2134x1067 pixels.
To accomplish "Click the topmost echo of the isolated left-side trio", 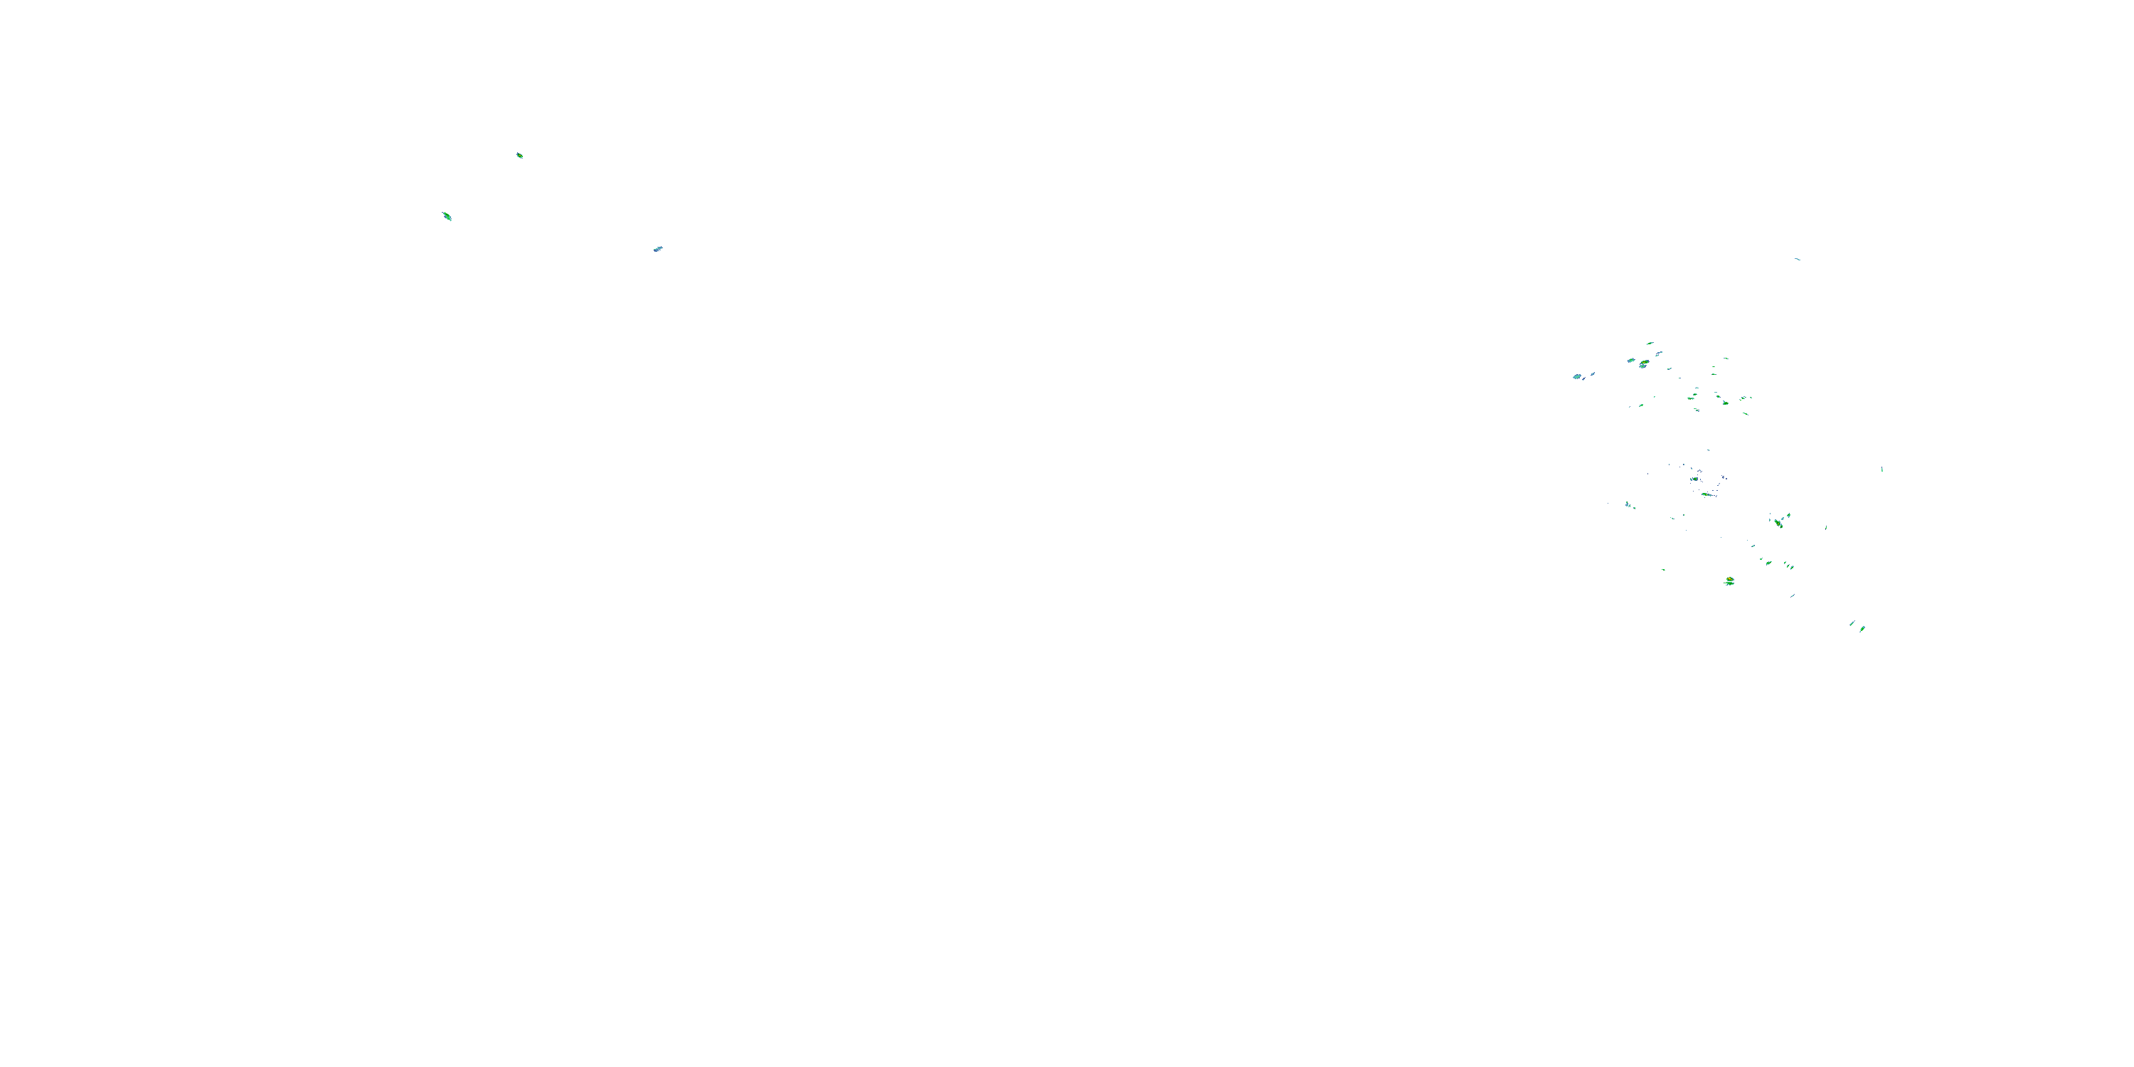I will [519, 155].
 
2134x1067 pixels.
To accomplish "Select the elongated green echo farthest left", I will [447, 216].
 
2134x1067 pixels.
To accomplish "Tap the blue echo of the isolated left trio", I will [658, 248].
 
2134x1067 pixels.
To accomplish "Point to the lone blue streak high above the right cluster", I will [1797, 260].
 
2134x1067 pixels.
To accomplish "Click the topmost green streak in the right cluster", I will [1650, 343].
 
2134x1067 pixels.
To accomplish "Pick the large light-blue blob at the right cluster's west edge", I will [1577, 376].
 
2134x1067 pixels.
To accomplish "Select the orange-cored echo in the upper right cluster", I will [1644, 363].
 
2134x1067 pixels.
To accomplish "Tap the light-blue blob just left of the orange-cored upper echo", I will [1631, 361].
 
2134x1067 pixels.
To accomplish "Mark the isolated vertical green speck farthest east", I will [1882, 469].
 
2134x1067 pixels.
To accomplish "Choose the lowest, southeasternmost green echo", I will [1862, 629].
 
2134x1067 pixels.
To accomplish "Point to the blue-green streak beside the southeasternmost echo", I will [1852, 623].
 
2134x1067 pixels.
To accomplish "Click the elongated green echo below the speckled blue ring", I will [1706, 494].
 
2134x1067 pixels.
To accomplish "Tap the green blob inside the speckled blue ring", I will [1695, 479].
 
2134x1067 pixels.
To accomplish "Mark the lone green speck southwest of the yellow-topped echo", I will [1664, 569].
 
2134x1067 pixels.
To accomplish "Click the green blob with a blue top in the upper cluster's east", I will [1726, 402].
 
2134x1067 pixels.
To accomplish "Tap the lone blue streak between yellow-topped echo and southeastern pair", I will [1793, 595].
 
